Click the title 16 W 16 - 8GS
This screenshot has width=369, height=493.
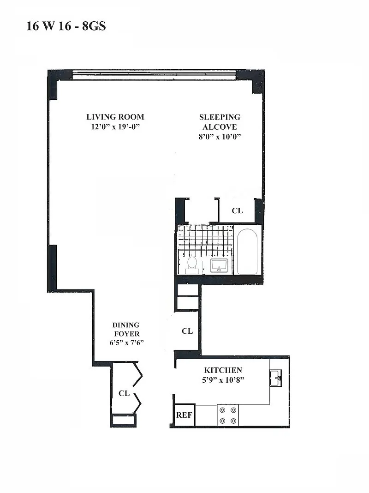[x=66, y=26]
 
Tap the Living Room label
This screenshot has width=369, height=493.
[x=115, y=117]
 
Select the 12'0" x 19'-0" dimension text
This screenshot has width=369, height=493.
[x=115, y=126]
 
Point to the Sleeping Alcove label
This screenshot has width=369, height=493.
[x=220, y=122]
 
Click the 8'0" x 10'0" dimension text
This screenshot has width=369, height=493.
[x=220, y=137]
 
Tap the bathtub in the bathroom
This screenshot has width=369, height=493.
[x=247, y=252]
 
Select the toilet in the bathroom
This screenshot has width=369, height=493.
[x=191, y=265]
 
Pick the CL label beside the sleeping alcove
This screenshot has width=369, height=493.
[x=238, y=210]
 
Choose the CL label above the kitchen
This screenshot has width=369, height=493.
[x=187, y=331]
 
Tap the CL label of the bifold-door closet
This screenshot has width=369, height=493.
[x=124, y=393]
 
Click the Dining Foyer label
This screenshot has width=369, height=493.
[x=126, y=329]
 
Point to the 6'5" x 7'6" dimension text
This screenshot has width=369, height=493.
[x=126, y=343]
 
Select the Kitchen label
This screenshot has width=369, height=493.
[x=223, y=370]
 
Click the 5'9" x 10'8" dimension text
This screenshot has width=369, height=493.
[x=223, y=380]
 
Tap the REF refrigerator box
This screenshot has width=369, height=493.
[x=184, y=415]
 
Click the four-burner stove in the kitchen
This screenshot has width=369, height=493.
[x=228, y=415]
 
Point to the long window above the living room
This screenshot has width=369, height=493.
[x=154, y=75]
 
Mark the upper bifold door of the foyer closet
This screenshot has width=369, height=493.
[x=138, y=374]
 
